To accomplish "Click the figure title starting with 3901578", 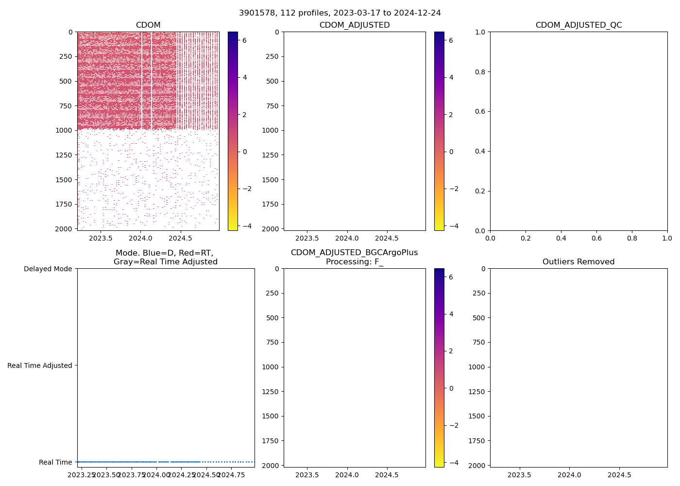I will click(340, 13).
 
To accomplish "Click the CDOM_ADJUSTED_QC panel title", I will click(578, 25).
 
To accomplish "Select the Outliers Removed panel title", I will click(578, 262).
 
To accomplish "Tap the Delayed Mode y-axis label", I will click(48, 269).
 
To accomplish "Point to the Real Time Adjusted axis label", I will click(40, 365).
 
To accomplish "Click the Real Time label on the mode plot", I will click(55, 462).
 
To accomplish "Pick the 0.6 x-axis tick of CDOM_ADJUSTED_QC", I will click(596, 238).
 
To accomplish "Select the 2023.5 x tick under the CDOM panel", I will click(101, 238).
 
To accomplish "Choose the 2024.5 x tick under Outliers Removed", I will click(619, 475).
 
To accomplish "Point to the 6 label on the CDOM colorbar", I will click(244, 40).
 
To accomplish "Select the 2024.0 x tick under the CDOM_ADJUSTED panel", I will click(347, 238).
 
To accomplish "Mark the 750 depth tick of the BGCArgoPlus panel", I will click(272, 342).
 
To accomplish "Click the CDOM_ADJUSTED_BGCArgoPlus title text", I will click(354, 253).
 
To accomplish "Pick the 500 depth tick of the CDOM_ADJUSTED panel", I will click(272, 81).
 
